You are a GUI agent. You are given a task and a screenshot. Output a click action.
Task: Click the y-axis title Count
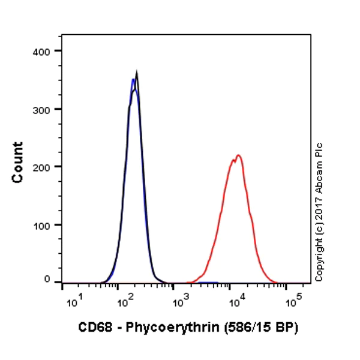[18, 162]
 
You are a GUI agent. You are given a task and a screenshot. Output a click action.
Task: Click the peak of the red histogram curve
[238, 155]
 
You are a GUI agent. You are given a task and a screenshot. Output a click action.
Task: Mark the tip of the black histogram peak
[137, 71]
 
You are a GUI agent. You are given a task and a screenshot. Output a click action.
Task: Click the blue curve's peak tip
[133, 79]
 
